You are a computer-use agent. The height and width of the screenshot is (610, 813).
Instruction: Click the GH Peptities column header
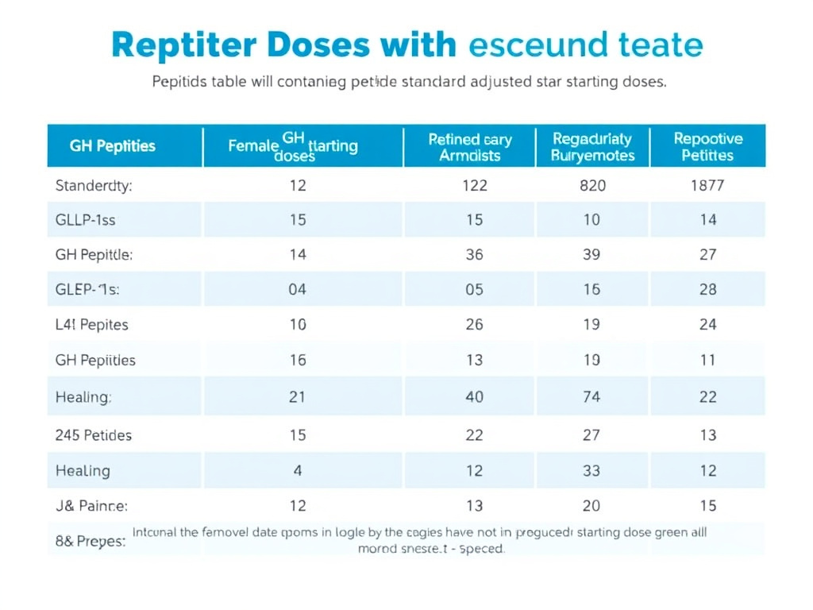113,146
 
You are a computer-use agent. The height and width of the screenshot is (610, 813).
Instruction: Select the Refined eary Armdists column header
470,147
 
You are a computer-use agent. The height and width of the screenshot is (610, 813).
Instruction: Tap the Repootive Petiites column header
708,147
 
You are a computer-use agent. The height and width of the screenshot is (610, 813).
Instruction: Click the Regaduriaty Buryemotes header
592,147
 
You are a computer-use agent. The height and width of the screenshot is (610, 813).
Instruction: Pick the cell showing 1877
708,187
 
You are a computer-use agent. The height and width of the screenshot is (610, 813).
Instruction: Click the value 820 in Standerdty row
592,187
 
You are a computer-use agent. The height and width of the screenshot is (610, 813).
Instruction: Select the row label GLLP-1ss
86,220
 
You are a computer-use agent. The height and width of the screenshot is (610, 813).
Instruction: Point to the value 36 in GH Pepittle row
474,255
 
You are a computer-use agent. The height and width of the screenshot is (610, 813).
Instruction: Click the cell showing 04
297,290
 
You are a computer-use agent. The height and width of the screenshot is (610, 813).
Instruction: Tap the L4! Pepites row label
92,325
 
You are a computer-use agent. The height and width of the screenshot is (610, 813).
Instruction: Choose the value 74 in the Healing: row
591,396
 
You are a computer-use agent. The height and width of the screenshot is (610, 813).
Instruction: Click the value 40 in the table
474,396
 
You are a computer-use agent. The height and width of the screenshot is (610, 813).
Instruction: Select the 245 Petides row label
94,435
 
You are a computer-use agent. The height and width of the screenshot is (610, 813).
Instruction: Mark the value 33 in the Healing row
591,471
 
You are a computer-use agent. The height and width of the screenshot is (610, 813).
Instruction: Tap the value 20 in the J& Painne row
591,506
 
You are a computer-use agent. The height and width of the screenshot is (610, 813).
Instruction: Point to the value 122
474,187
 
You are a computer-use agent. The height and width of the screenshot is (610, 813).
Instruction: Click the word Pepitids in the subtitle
179,82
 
